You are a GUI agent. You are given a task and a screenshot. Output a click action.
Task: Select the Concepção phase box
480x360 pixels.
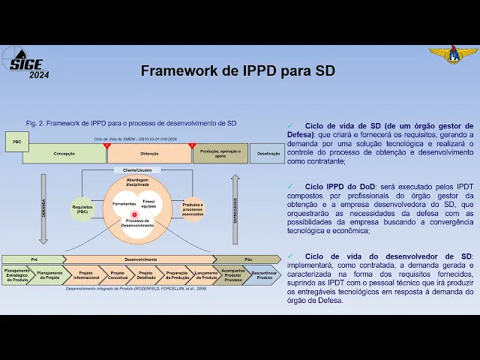(x=64, y=154)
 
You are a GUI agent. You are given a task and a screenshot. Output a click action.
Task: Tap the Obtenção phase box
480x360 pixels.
(x=149, y=154)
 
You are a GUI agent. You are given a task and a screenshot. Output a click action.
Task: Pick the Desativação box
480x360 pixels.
(x=268, y=154)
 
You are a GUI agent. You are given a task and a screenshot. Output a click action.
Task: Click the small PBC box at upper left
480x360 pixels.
(x=16, y=141)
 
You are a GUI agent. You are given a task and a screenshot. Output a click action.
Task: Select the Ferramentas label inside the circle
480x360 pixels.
(x=124, y=204)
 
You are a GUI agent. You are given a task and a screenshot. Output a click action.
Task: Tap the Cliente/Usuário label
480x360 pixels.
(x=137, y=170)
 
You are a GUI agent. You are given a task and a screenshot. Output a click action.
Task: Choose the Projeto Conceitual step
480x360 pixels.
(x=117, y=274)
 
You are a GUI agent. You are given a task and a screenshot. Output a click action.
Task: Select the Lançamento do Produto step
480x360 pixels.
(x=205, y=274)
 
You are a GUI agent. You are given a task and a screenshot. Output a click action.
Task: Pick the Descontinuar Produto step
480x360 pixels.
(x=264, y=274)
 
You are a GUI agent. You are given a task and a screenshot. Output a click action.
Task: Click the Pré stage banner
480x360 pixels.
(x=34, y=259)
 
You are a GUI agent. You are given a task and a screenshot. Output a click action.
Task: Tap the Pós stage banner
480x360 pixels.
(x=248, y=259)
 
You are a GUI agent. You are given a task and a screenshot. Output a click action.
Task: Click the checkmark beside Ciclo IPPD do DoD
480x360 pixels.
(x=290, y=185)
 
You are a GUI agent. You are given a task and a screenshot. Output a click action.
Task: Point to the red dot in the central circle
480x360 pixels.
(x=135, y=214)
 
